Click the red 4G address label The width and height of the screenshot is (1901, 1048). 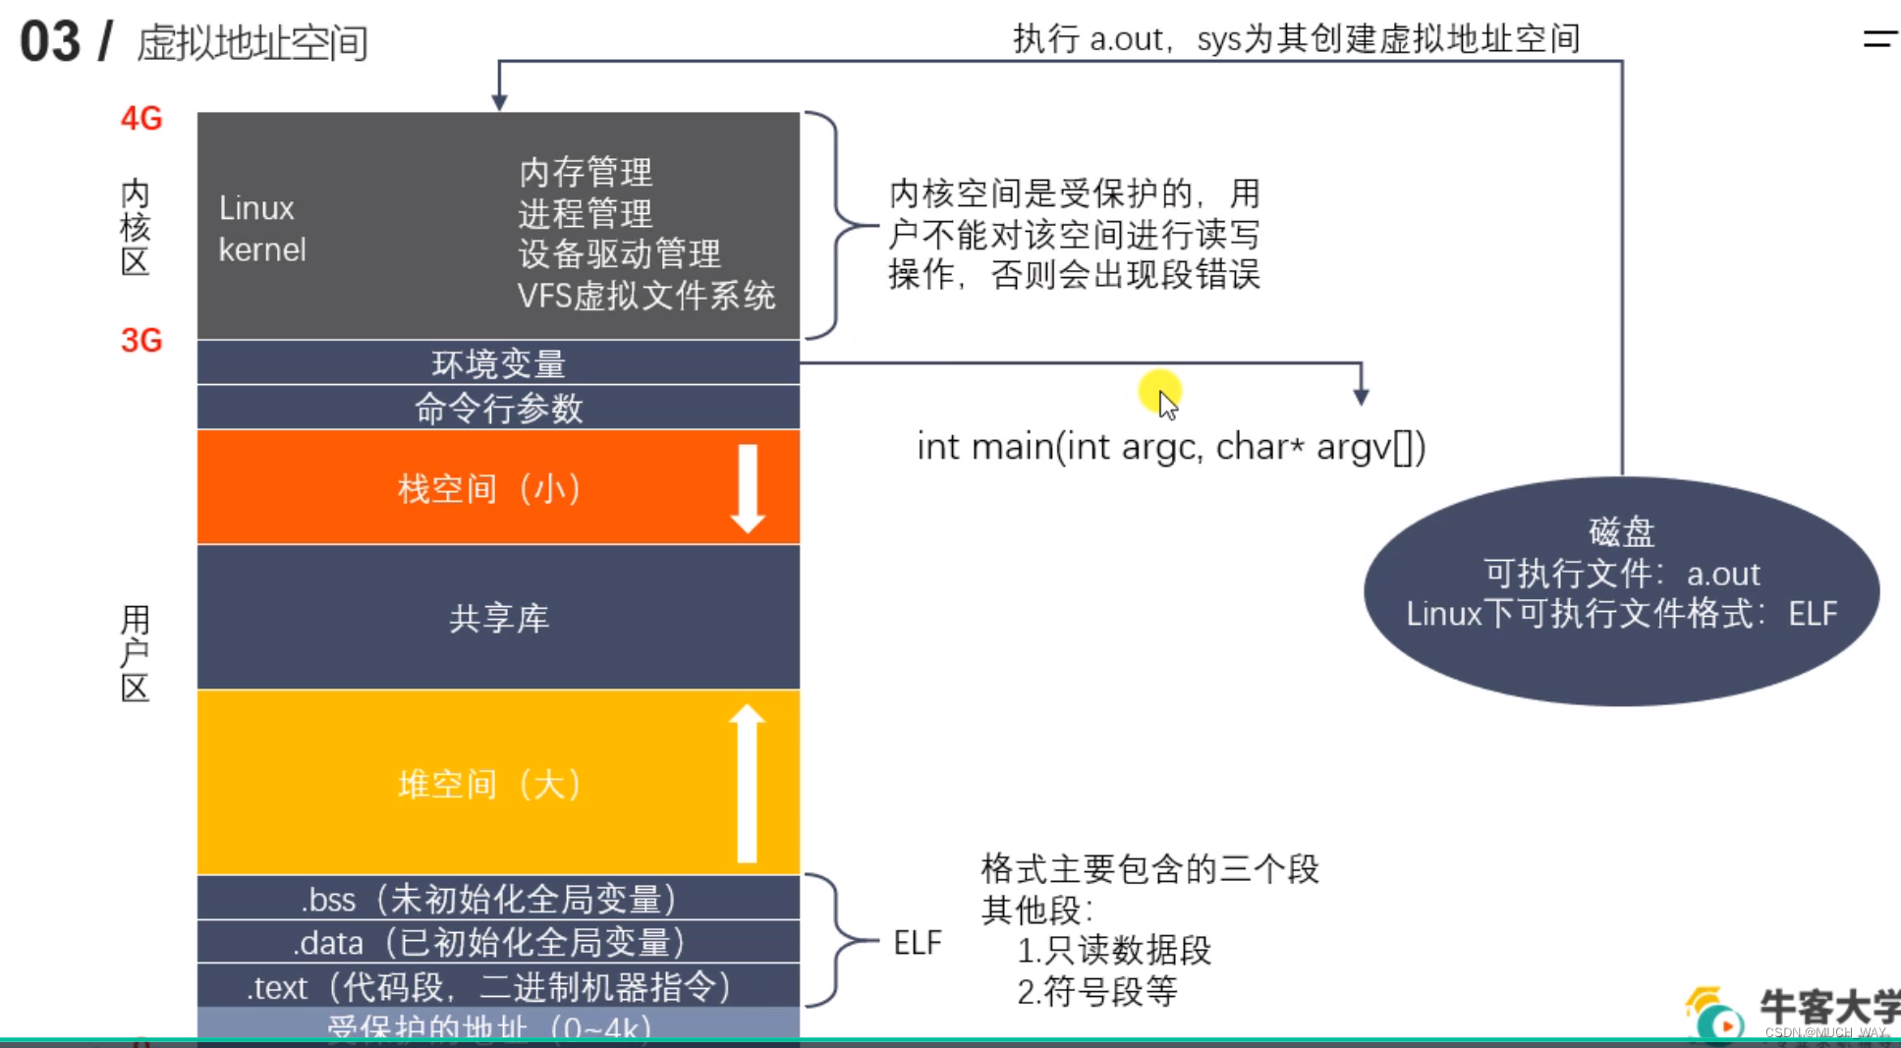141,119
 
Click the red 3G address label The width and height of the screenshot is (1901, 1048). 141,341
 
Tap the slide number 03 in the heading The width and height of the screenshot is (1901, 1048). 50,42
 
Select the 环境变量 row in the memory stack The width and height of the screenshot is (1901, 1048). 498,363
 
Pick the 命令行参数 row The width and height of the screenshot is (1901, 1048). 498,408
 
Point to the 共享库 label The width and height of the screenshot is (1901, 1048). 498,618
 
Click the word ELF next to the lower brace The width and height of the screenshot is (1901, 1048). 917,943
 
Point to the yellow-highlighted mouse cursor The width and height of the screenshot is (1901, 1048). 1163,397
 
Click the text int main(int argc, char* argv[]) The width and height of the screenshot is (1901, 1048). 1170,447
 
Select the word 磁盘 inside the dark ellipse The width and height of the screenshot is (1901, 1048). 1621,532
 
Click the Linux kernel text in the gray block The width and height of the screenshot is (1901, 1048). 261,229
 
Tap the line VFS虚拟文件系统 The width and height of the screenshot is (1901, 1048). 645,296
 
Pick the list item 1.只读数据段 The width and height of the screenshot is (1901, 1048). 1113,951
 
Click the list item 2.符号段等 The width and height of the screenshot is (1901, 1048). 1096,992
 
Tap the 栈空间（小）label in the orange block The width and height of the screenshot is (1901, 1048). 488,488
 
